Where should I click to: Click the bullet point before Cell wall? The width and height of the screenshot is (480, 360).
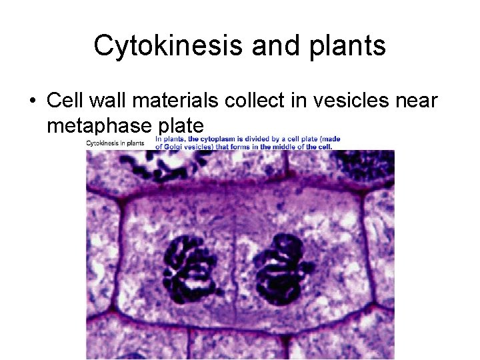coord(32,101)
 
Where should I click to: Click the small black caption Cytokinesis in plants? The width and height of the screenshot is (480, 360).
coord(115,143)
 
